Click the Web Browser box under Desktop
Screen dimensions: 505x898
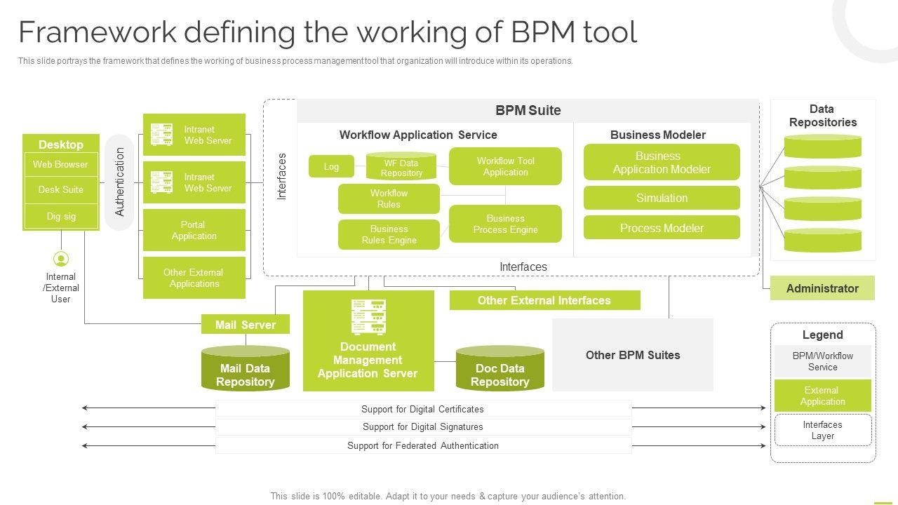(61, 165)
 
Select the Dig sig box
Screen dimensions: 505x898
(61, 216)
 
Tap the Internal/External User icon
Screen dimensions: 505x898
(61, 260)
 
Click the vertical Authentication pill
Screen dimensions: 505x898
(119, 182)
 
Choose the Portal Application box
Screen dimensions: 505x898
(194, 230)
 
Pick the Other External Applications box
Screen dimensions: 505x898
(194, 278)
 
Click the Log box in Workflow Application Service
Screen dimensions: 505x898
(331, 166)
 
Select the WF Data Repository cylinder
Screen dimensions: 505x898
(401, 168)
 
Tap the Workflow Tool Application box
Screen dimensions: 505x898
(505, 166)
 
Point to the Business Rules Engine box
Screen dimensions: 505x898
(389, 234)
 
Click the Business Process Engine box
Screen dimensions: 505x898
(505, 224)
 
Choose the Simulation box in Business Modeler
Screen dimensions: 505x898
(662, 198)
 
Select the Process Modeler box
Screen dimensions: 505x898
(662, 228)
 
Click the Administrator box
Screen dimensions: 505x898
(822, 288)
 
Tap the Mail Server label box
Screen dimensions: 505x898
(246, 325)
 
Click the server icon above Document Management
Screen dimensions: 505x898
(368, 317)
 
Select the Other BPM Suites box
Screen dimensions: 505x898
(633, 355)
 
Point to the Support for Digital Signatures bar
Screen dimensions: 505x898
(423, 426)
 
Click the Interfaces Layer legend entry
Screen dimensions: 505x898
(822, 430)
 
